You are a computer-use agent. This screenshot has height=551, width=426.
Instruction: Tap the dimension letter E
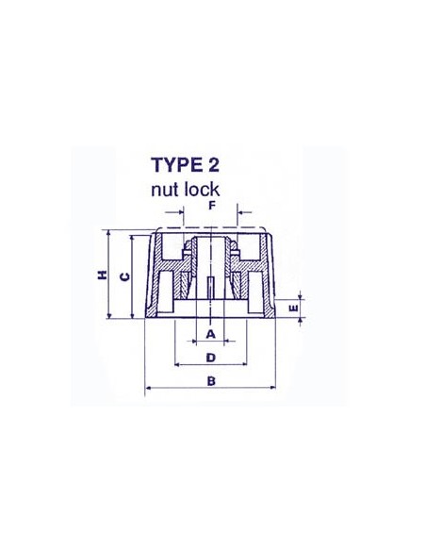(x=292, y=307)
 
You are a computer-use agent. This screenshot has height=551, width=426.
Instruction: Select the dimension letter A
(x=211, y=334)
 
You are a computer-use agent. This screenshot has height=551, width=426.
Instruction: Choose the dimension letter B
(x=211, y=381)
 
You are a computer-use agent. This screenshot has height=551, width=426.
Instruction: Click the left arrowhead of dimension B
(x=147, y=389)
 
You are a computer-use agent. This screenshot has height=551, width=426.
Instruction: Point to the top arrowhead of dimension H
(x=110, y=233)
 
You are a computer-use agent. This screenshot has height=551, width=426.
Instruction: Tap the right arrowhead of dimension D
(x=246, y=364)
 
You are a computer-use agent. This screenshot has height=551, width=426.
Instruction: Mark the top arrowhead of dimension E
(x=303, y=292)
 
